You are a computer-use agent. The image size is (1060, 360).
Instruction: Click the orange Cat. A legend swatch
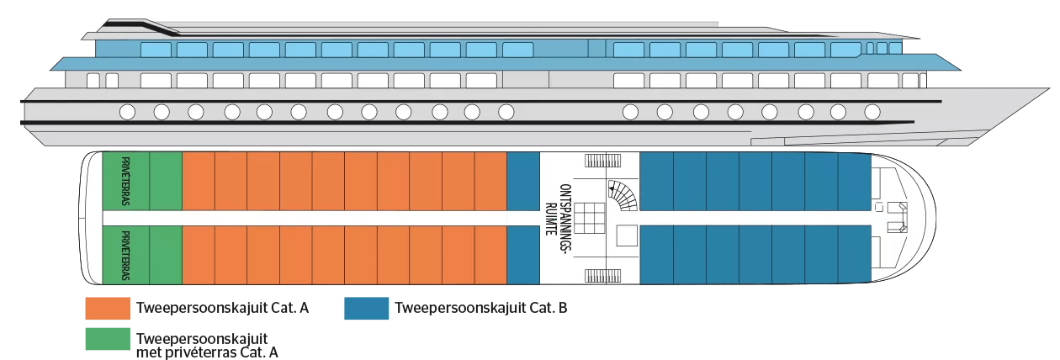[x=108, y=309]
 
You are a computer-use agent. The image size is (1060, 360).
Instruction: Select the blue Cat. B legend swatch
[x=366, y=309]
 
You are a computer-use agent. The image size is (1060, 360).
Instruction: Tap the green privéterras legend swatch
[x=108, y=339]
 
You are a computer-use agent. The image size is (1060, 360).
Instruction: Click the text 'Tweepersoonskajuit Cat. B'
[x=481, y=308]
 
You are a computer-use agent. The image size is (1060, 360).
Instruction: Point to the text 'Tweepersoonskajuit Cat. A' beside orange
[x=222, y=308]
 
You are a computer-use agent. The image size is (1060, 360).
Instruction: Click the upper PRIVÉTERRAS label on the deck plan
[x=125, y=181]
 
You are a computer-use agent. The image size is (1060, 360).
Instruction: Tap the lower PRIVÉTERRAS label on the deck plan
[x=125, y=256]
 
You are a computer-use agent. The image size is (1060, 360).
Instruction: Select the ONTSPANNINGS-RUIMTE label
[x=559, y=218]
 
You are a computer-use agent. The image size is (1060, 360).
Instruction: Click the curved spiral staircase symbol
[x=623, y=195]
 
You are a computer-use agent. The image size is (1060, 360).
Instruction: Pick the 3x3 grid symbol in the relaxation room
[x=590, y=218]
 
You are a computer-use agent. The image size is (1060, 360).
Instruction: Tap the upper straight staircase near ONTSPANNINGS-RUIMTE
[x=603, y=161]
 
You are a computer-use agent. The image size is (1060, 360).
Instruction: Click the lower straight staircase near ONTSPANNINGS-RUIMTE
[x=603, y=276]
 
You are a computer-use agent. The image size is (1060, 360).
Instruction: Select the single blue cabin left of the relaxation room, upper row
[x=523, y=181]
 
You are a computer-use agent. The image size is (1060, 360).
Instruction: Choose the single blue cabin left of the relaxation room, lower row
[x=523, y=255]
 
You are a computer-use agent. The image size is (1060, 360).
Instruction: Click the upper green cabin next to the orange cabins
[x=166, y=181]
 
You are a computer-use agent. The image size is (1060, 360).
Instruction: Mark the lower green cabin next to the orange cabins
[x=166, y=255]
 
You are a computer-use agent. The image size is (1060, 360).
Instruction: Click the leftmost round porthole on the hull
[x=127, y=112]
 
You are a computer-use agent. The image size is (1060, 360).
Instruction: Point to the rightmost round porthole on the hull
[x=872, y=112]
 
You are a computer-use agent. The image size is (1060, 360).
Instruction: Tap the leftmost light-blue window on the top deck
[x=156, y=50]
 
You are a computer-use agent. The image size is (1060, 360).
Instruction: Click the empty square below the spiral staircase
[x=627, y=236]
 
